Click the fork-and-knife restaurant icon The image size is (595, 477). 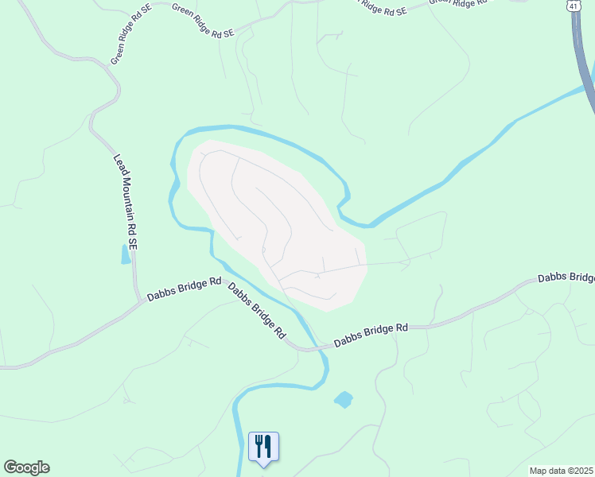point(263,445)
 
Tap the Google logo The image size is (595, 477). point(26,467)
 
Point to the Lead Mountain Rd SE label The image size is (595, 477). point(126,204)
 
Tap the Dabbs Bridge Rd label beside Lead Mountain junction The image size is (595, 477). point(184,289)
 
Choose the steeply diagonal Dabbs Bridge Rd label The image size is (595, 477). point(257,311)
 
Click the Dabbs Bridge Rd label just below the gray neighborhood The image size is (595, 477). point(371,334)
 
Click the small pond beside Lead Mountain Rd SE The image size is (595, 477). point(125,254)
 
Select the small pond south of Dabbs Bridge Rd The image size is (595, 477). point(344,399)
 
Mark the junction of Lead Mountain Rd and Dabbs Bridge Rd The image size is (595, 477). point(139,301)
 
